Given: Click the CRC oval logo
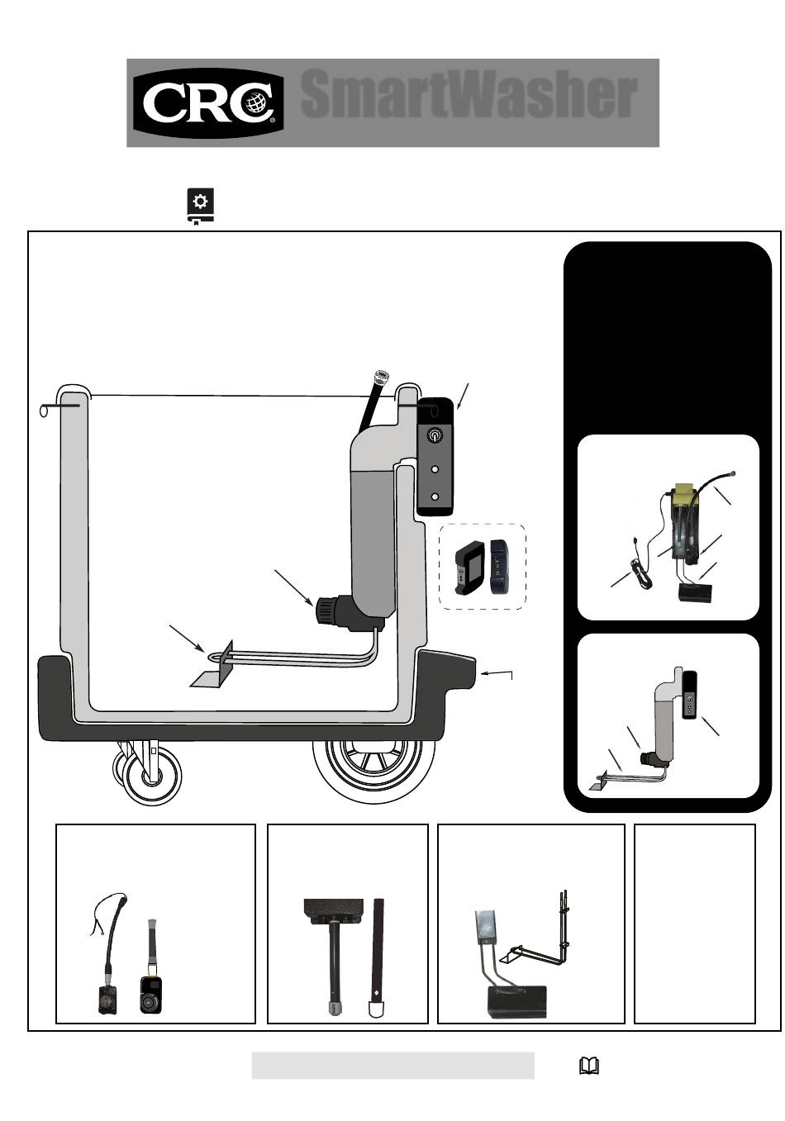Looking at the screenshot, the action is (x=208, y=103).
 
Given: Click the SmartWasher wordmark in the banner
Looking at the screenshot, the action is (x=469, y=94).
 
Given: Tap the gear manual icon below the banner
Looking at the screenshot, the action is (x=200, y=207).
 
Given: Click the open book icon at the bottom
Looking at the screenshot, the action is (x=589, y=1066).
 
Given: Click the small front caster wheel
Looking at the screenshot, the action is (x=152, y=776).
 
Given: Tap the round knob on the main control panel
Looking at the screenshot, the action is (x=435, y=435).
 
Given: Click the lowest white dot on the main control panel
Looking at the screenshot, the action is (x=435, y=496).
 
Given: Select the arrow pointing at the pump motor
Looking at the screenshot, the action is (x=294, y=587).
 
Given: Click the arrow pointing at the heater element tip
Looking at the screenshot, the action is (x=186, y=638).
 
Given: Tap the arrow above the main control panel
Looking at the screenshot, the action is (x=463, y=396).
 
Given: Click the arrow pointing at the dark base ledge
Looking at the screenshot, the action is (x=497, y=673).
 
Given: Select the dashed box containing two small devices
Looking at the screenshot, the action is (x=483, y=567).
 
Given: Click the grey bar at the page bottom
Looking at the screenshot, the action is (x=393, y=1066).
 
